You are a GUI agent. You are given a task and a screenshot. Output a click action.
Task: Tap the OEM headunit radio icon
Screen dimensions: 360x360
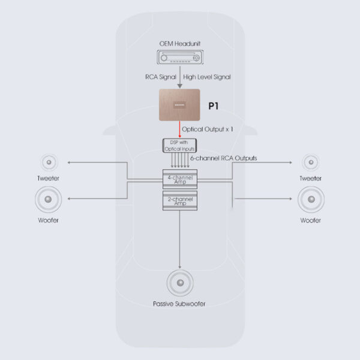click(x=180, y=58)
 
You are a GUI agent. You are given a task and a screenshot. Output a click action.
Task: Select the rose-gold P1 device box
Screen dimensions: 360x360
click(x=180, y=104)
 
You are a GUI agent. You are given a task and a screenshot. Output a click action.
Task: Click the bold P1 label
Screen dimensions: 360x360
click(x=213, y=106)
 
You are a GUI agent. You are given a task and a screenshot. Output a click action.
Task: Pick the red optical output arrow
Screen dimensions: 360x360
click(x=181, y=129)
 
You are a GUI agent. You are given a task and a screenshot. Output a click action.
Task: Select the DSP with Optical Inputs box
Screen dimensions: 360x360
click(x=180, y=145)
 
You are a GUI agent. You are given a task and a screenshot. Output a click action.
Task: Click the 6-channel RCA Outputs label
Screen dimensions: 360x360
click(x=223, y=158)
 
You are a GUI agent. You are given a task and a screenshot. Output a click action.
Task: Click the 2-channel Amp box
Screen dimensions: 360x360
click(x=180, y=201)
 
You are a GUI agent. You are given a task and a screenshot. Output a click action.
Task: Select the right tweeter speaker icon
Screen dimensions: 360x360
click(x=310, y=162)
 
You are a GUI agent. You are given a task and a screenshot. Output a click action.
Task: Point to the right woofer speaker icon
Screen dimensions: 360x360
click(x=310, y=199)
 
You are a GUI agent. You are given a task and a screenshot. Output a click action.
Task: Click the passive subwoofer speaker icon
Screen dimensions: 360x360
click(x=179, y=283)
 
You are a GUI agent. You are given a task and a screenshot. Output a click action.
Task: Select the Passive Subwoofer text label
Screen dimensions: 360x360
click(x=179, y=304)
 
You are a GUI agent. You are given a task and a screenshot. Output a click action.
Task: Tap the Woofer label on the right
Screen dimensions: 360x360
click(x=310, y=221)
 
